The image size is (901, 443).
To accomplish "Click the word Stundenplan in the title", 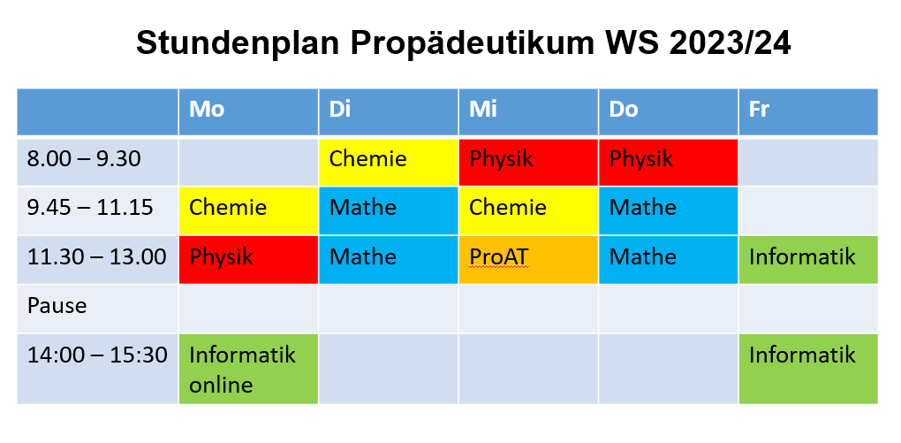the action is (238, 43).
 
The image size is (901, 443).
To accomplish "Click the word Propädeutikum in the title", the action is (473, 44).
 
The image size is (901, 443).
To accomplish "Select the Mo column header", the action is (248, 111).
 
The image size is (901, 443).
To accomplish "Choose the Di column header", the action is (389, 111).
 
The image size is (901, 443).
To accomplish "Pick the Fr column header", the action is (808, 111).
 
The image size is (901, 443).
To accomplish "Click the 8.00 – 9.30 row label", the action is (84, 159).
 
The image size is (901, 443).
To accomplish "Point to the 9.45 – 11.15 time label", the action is (90, 207).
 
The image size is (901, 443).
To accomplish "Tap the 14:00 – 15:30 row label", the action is (98, 355).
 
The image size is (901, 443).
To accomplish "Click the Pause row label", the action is (57, 305).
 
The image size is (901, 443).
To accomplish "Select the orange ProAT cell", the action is (528, 259).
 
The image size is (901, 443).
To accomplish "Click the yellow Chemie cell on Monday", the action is (248, 210).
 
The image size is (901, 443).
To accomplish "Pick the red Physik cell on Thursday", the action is (669, 162).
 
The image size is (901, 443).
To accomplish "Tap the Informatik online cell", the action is (248, 369).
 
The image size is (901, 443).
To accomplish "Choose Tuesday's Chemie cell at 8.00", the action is (389, 162).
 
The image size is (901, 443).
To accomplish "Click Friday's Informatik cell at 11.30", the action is (808, 259).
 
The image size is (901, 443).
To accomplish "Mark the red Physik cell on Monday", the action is (248, 259).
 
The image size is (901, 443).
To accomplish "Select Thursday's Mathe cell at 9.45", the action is (669, 210).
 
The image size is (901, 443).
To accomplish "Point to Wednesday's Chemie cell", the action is (528, 210).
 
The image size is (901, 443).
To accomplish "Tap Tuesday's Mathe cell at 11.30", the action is (389, 259).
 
